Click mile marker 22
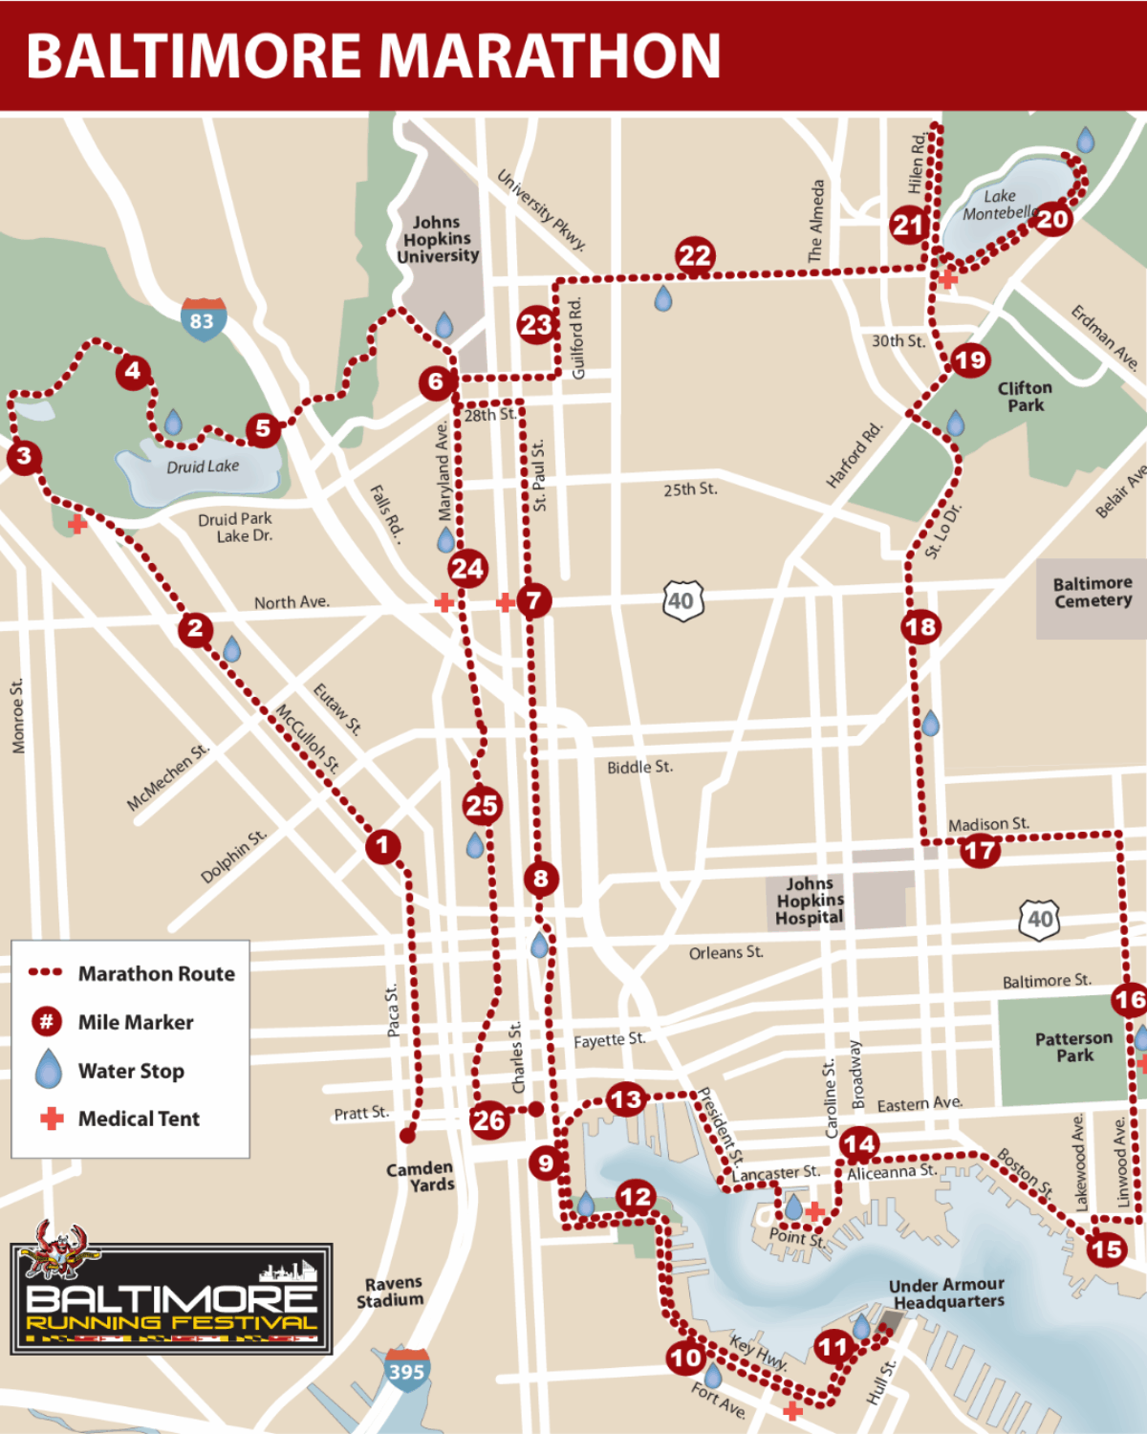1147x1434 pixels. [695, 255]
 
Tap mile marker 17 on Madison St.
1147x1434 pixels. [980, 850]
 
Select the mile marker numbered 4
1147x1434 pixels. [133, 371]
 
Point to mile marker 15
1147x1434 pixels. [1106, 1249]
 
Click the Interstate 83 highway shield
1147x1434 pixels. [203, 319]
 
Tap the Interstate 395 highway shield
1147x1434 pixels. [406, 1370]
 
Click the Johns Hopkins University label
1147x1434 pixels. [438, 239]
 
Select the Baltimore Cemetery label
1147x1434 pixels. [1093, 592]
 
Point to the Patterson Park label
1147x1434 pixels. [1073, 1046]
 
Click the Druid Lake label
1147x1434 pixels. [203, 467]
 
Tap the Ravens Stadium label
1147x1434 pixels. [392, 1292]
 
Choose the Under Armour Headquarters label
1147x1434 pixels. [946, 1293]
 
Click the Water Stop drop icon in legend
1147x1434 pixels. [48, 1069]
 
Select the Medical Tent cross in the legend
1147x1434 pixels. [52, 1118]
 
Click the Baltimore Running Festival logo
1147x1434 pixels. [172, 1298]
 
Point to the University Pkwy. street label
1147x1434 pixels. [541, 209]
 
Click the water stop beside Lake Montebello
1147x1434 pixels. [1085, 141]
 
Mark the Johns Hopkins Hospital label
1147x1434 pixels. [810, 901]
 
